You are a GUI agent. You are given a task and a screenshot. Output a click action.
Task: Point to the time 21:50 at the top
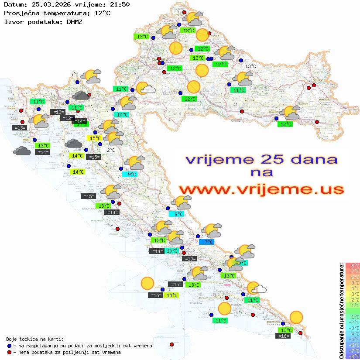click(x=120, y=5)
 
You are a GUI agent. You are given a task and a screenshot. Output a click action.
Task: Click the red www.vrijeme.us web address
click(x=261, y=189)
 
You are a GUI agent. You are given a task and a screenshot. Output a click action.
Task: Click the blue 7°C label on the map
click(x=206, y=242)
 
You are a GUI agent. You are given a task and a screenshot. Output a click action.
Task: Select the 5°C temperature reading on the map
click(x=74, y=75)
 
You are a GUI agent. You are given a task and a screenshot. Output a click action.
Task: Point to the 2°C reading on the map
click(x=111, y=150)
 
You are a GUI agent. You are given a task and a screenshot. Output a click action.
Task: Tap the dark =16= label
click(x=284, y=336)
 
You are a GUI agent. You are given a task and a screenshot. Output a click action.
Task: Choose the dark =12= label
click(x=67, y=118)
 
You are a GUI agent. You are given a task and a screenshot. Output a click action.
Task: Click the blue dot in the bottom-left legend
click(x=9, y=346)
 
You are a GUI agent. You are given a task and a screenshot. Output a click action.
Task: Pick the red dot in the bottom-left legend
click(x=9, y=352)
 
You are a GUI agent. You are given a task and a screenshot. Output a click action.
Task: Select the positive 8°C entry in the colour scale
click(x=353, y=266)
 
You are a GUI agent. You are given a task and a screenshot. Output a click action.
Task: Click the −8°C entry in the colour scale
click(x=353, y=357)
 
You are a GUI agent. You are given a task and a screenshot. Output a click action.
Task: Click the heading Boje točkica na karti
click(x=35, y=339)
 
